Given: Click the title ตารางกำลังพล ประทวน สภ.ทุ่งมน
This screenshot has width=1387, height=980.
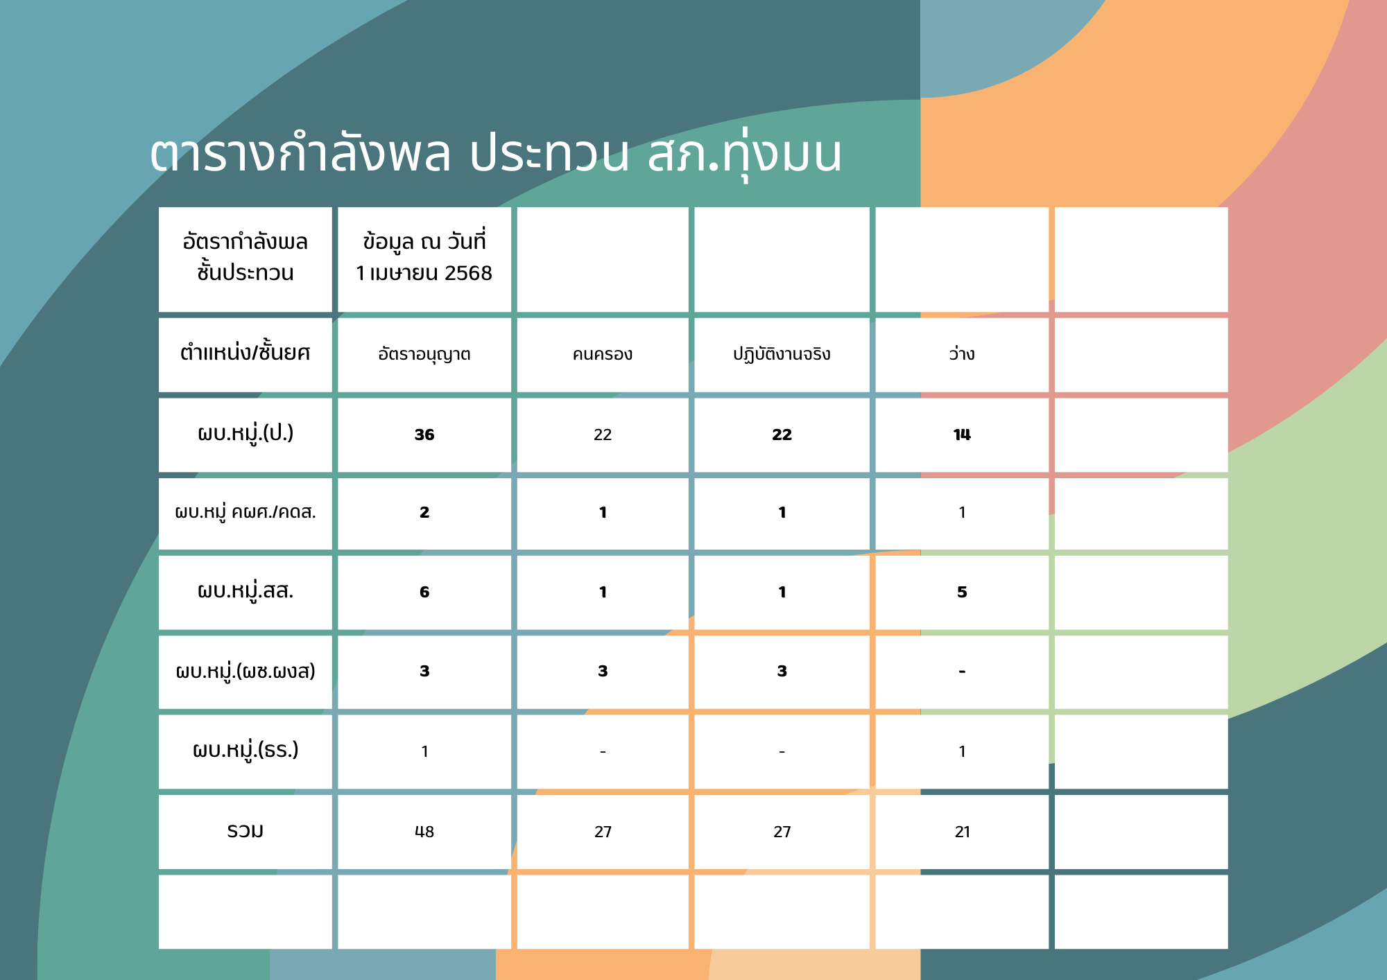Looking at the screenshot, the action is [496, 154].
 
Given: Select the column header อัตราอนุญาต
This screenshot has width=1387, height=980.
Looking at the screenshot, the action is [424, 354].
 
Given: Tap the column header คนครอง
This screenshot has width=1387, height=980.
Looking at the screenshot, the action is [603, 354].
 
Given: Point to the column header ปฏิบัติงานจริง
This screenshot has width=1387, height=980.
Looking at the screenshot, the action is [782, 354].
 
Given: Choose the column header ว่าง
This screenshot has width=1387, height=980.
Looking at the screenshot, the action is [962, 353].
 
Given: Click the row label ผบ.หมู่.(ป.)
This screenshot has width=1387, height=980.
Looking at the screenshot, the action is [245, 434].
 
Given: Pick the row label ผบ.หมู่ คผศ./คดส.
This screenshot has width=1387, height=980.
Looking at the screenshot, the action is [245, 513].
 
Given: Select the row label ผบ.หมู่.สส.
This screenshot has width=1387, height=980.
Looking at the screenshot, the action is [245, 591].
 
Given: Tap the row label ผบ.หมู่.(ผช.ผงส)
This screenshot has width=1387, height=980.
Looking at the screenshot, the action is [245, 671].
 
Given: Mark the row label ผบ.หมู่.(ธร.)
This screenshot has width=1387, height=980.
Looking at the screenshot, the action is [245, 751].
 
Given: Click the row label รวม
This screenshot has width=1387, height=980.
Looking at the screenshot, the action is [245, 830].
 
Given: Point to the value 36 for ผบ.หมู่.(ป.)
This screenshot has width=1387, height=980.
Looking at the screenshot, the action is [424, 435].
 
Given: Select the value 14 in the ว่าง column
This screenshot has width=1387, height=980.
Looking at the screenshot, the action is [962, 435].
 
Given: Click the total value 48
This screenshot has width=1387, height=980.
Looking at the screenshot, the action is [424, 832].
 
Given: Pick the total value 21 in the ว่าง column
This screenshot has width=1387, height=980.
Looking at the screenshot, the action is [963, 832].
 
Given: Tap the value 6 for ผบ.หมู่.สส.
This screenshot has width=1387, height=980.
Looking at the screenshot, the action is [424, 592].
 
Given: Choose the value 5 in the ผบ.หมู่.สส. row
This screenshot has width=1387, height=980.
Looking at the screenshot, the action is [962, 592].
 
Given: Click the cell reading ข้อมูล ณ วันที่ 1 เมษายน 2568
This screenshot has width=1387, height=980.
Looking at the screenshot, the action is [424, 257].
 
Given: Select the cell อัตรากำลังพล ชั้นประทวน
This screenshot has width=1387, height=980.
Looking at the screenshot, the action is [245, 257].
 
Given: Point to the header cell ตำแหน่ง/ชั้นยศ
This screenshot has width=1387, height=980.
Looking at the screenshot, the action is [245, 353].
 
